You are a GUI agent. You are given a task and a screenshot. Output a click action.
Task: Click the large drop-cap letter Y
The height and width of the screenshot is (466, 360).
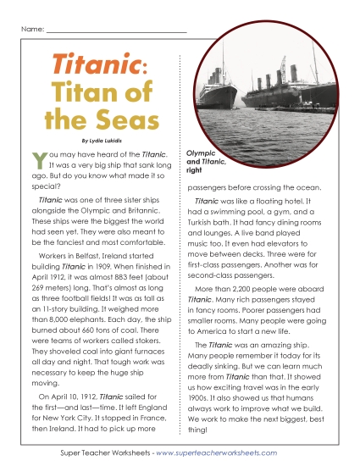36,158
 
